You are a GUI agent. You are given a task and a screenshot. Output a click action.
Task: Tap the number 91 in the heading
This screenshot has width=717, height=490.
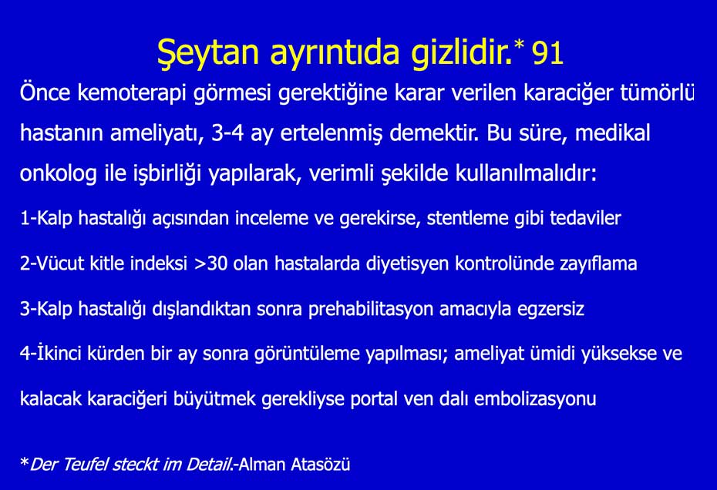click(x=547, y=53)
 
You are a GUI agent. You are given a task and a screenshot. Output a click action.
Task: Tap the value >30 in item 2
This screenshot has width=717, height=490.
click(x=210, y=263)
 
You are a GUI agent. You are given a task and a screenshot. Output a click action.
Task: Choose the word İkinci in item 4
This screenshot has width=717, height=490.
click(x=57, y=353)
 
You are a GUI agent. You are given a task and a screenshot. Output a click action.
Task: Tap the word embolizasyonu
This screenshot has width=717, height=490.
click(x=535, y=399)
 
